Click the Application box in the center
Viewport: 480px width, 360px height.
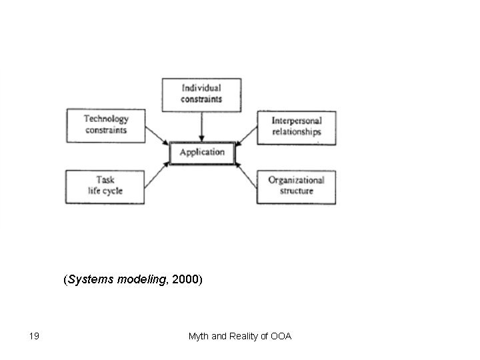(202, 153)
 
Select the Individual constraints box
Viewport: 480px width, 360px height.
(201, 94)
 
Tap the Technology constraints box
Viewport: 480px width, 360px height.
(106, 125)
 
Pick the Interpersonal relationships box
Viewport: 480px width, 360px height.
(296, 127)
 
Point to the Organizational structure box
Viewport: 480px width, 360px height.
(296, 186)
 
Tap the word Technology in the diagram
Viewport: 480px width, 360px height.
(106, 119)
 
